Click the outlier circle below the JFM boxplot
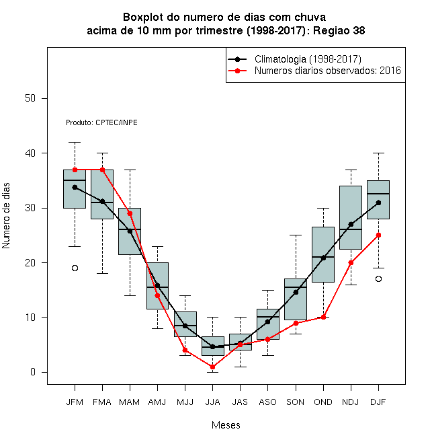tap(75, 268)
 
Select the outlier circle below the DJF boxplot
tap(378, 279)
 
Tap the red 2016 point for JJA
tap(212, 367)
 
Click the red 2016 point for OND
tap(323, 317)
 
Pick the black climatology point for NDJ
tap(351, 224)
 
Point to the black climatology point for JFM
tap(75, 187)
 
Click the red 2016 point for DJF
tap(378, 235)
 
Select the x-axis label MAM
tap(129, 402)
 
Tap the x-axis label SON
tap(296, 402)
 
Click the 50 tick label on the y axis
tap(30, 98)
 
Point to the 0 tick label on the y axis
tap(33, 372)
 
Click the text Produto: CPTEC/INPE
tap(101, 122)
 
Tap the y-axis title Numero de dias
tap(6, 216)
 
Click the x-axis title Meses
tap(226, 425)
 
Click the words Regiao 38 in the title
tap(339, 30)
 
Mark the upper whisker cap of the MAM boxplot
tap(130, 170)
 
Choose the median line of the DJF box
tap(378, 194)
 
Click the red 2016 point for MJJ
tap(185, 350)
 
